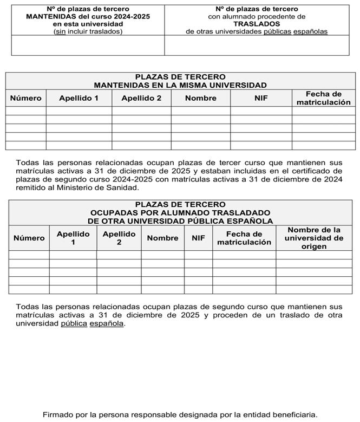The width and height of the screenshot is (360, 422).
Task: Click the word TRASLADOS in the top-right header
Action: pyautogui.click(x=257, y=24)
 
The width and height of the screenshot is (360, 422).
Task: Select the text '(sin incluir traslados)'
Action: pyautogui.click(x=88, y=31)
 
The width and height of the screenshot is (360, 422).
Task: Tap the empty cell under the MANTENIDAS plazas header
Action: pyautogui.click(x=88, y=46)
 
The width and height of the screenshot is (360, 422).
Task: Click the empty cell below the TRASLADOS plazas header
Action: pyautogui.click(x=257, y=46)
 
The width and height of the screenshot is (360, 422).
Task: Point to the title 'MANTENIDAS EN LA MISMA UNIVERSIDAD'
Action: pyautogui.click(x=180, y=85)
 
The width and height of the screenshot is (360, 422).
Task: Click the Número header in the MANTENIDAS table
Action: pyautogui.click(x=25, y=98)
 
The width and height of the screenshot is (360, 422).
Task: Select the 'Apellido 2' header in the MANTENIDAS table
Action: pyautogui.click(x=141, y=98)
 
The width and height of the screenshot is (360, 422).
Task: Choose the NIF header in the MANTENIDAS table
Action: pyautogui.click(x=261, y=98)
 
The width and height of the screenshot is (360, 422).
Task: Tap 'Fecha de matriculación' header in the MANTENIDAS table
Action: pyautogui.click(x=323, y=98)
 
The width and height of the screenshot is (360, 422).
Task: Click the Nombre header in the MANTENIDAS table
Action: pyautogui.click(x=200, y=98)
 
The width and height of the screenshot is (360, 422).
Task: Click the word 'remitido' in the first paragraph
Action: pyautogui.click(x=31, y=187)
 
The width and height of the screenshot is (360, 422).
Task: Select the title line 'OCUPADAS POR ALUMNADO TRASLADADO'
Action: pyautogui.click(x=180, y=213)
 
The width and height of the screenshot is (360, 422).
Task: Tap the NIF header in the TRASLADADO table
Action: pyautogui.click(x=198, y=238)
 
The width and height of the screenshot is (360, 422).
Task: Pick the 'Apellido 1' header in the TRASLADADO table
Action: pyautogui.click(x=73, y=238)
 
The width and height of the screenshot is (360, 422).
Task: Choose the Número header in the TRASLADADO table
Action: pyautogui.click(x=29, y=238)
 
